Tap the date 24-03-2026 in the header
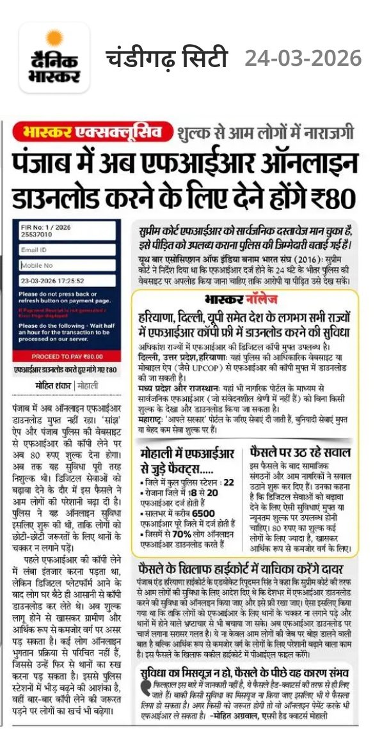click(303, 59)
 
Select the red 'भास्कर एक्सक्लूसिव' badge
click(94, 132)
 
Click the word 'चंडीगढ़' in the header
click(138, 59)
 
